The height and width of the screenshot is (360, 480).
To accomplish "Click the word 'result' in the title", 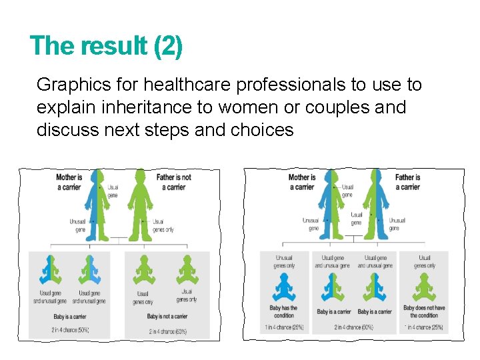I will click(x=114, y=46).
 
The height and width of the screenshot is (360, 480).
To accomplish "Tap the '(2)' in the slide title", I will click(x=167, y=46).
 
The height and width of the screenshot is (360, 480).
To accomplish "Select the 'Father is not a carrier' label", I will click(x=173, y=182).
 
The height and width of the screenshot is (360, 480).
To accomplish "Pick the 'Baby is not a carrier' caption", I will click(x=167, y=317).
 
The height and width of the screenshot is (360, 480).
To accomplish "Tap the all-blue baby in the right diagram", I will click(x=284, y=287).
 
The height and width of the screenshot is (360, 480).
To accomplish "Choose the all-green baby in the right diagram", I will click(x=424, y=287).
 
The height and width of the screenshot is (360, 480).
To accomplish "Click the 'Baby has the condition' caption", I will click(x=284, y=311).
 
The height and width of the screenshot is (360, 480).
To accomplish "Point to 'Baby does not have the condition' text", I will click(x=424, y=311).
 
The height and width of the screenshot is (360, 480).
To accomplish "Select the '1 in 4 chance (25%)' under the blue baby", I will click(x=284, y=327).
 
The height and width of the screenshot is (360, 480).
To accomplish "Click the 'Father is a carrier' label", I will click(x=407, y=182).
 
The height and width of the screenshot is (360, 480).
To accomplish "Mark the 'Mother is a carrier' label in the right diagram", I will click(x=302, y=182).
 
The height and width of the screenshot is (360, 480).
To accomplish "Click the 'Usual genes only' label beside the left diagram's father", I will click(x=163, y=225).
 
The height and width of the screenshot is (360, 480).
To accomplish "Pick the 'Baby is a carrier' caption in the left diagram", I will click(x=71, y=317).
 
